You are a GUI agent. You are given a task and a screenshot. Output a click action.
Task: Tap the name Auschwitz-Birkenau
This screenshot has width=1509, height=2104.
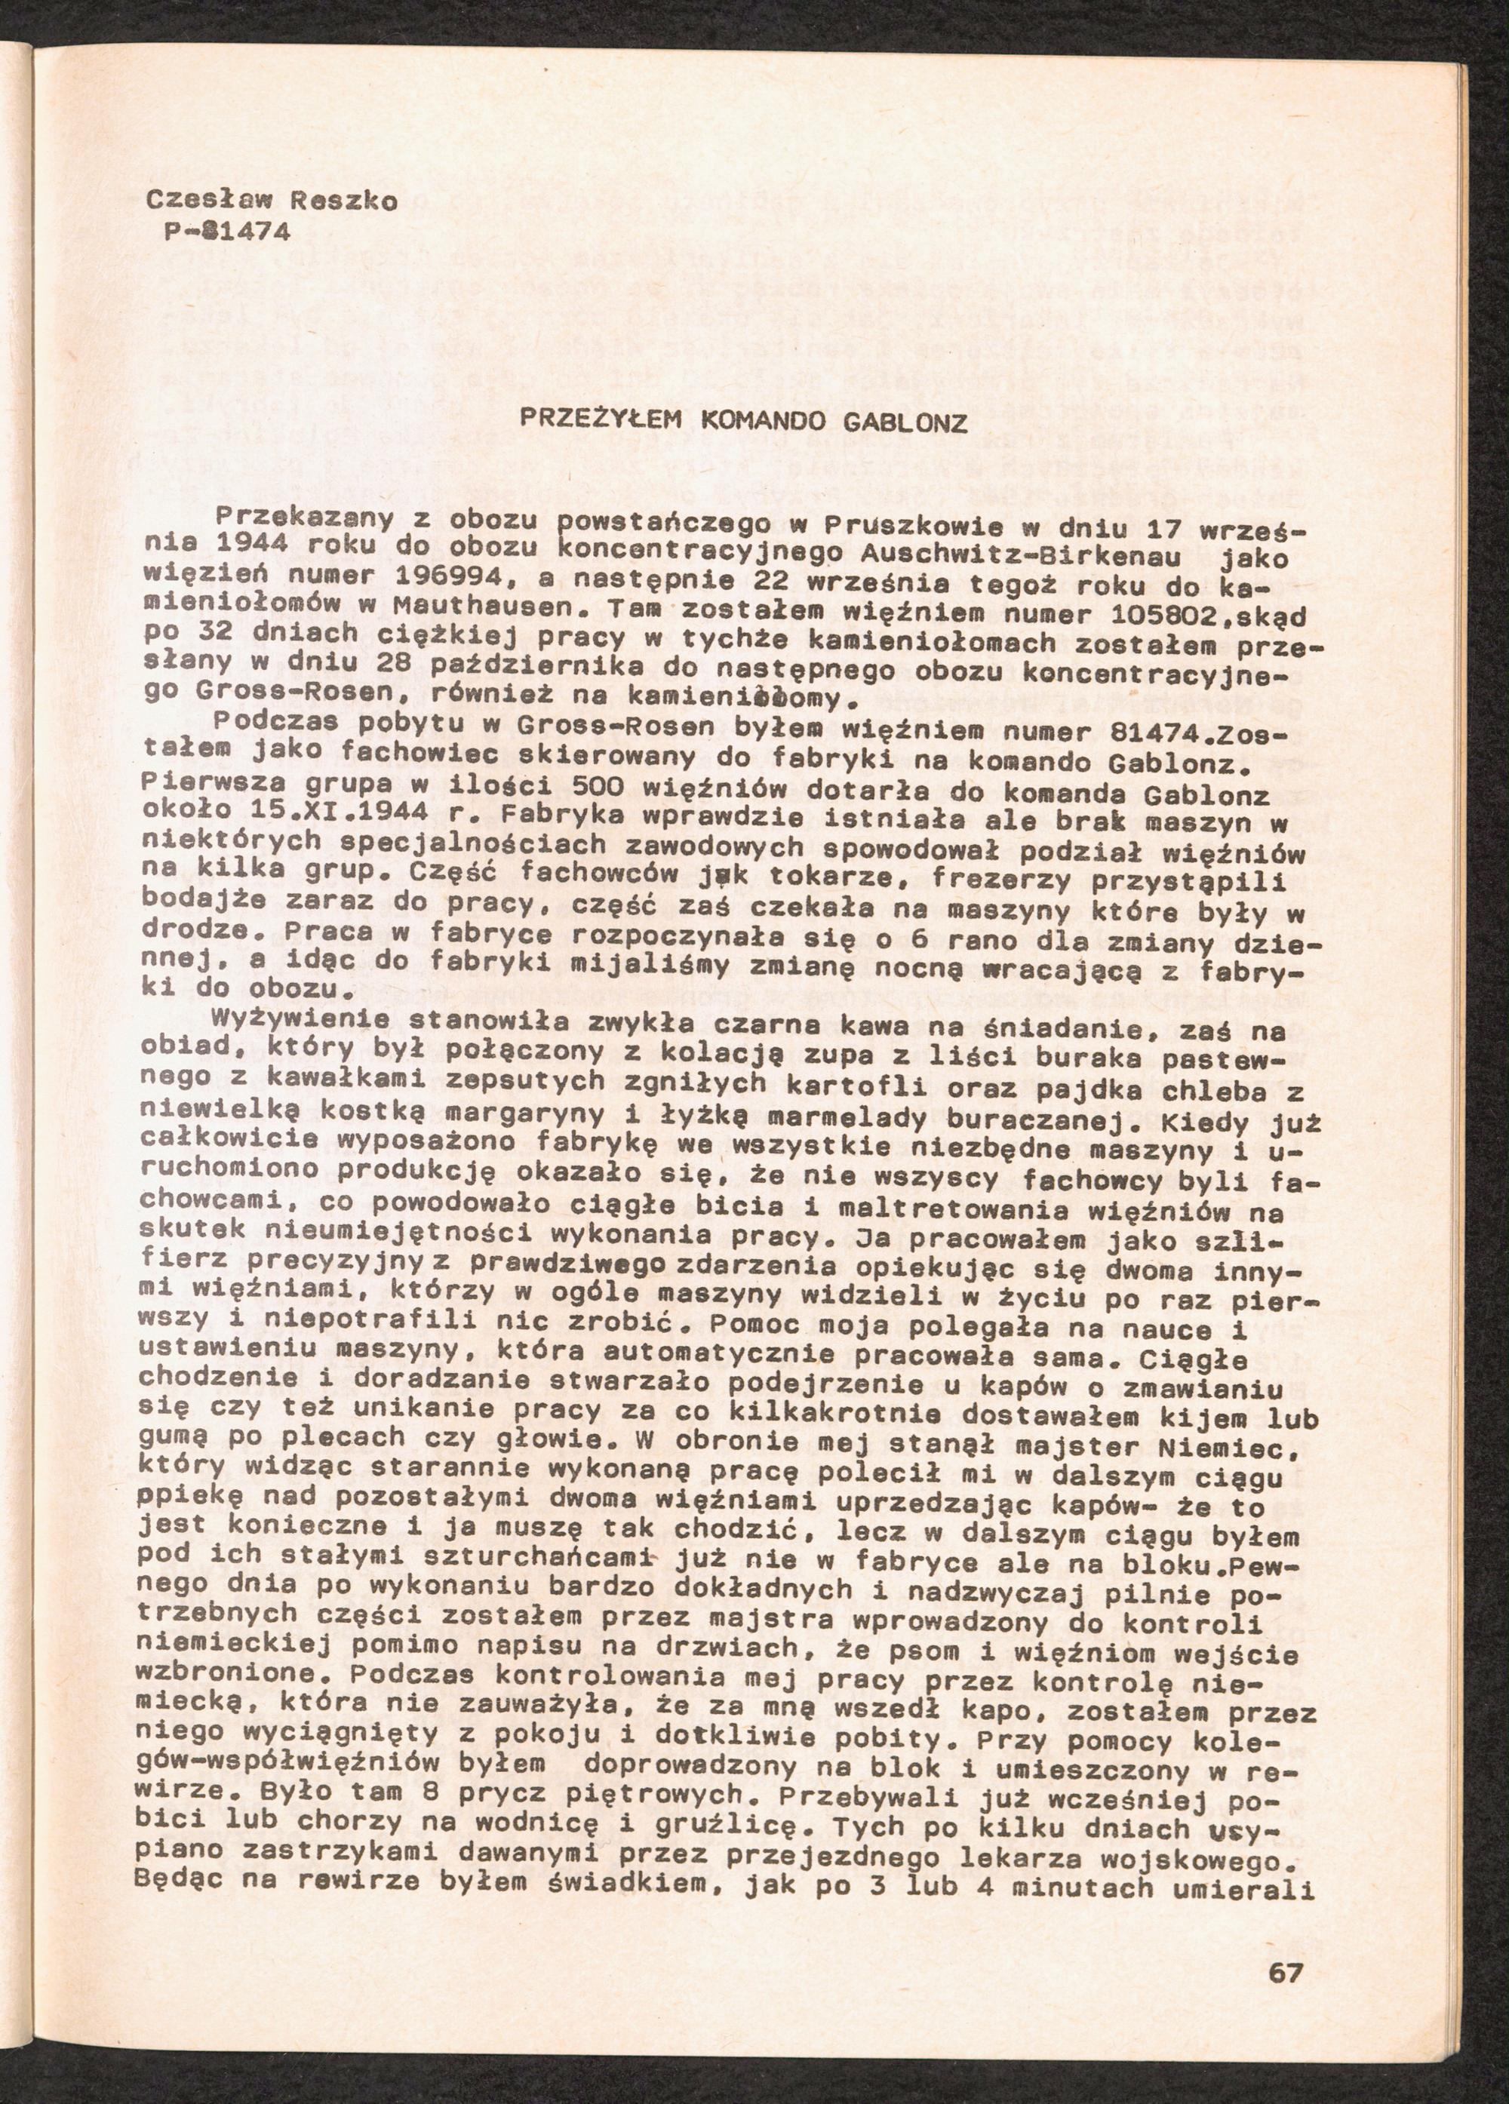[x=1021, y=557]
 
